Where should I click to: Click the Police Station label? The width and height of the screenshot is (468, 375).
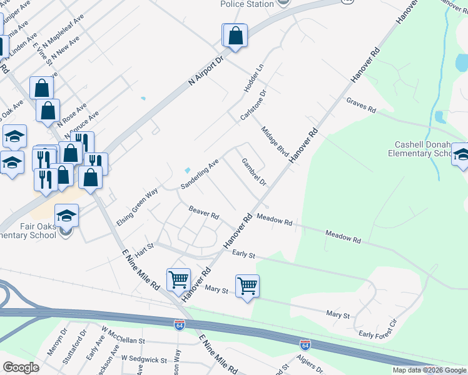pos(247,4)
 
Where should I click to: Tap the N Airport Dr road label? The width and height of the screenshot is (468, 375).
pos(206,70)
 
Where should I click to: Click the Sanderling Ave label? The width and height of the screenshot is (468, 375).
pos(200,174)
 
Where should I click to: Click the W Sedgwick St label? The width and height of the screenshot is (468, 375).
pos(144,359)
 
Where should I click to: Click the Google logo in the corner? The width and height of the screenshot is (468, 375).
pos(21,367)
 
